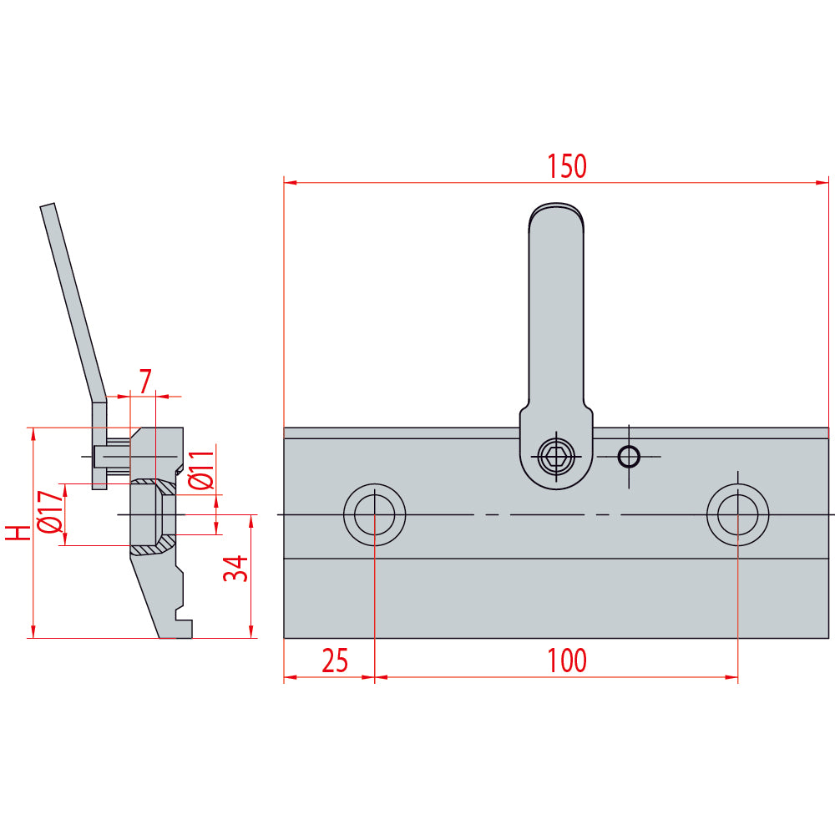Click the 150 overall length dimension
click(567, 166)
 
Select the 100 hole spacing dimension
click(567, 660)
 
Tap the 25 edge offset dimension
click(334, 660)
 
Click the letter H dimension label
click(16, 533)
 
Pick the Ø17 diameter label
click(49, 513)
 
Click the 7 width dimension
click(145, 382)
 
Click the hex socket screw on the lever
click(555, 456)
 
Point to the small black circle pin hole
click(628, 456)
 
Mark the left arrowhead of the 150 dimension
click(289, 181)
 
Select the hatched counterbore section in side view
click(154, 549)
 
